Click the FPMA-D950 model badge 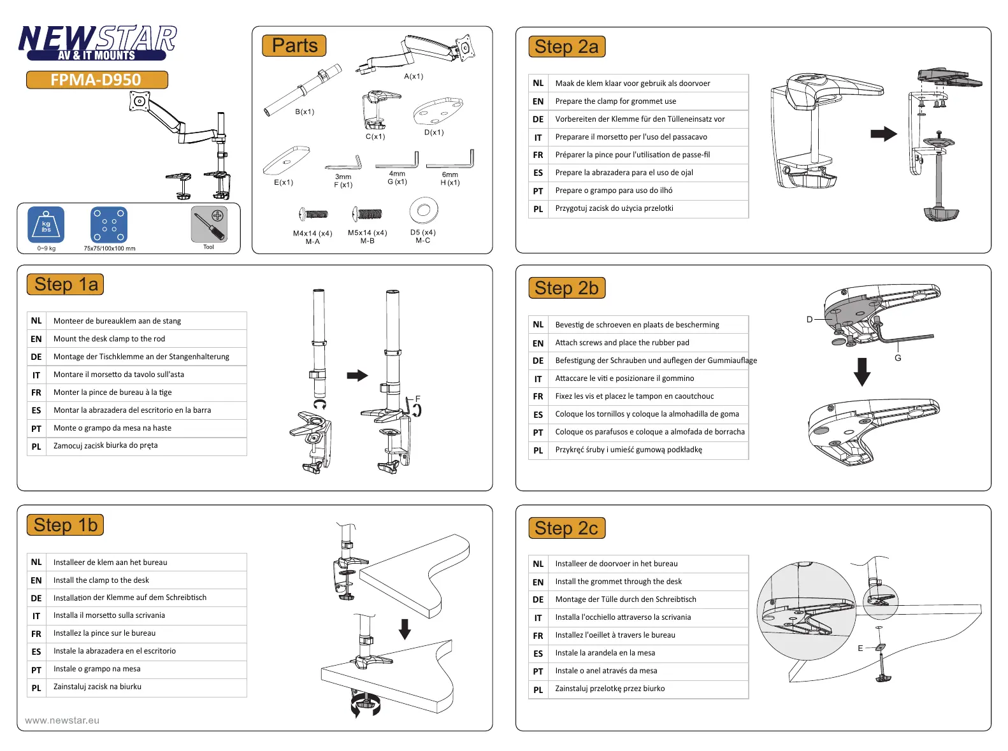tap(97, 80)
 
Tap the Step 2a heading tap(566, 46)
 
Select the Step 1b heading tap(65, 525)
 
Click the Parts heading tap(294, 46)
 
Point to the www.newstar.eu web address tap(62, 720)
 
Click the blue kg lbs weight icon tap(46, 225)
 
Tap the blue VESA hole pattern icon tap(109, 225)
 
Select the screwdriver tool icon tap(209, 224)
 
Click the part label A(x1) tap(414, 76)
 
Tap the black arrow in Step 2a tap(883, 134)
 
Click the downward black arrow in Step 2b tap(862, 372)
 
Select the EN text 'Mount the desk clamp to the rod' tap(109, 339)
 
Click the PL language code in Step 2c tap(538, 689)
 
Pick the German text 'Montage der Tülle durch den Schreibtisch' tap(625, 599)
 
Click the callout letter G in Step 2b tap(898, 358)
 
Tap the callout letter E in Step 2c tap(860, 648)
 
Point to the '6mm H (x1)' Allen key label tap(450, 178)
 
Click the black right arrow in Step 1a tap(357, 375)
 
